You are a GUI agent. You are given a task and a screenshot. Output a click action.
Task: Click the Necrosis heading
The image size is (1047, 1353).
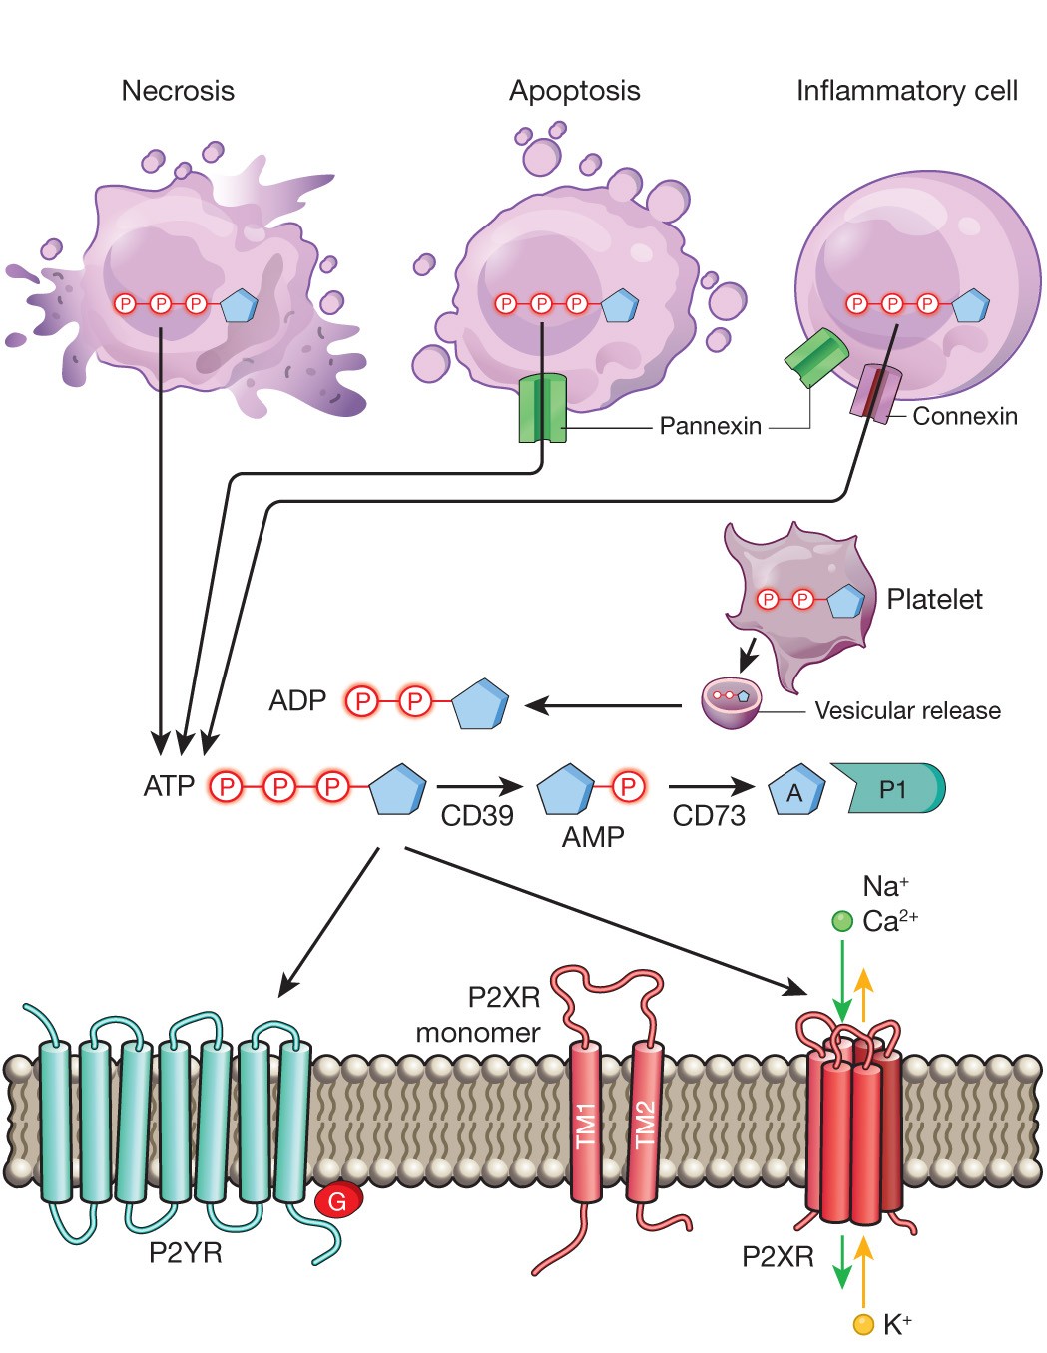click(x=178, y=91)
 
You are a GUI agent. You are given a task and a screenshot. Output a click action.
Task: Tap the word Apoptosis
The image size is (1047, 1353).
click(x=574, y=91)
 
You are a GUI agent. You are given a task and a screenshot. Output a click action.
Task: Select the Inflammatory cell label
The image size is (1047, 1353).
click(x=906, y=91)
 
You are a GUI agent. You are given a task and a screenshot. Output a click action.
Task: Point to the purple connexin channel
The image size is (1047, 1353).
click(x=875, y=392)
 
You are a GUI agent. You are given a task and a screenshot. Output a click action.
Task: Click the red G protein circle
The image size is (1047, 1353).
click(x=338, y=1200)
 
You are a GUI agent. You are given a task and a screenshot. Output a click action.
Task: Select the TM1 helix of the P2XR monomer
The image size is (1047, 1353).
click(x=586, y=1123)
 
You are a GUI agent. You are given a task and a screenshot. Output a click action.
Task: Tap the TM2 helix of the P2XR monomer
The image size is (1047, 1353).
click(x=645, y=1123)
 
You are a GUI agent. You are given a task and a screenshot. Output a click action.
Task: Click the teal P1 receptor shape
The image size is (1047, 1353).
click(x=894, y=789)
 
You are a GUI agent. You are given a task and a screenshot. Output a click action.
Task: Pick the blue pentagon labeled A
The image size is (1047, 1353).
click(x=795, y=792)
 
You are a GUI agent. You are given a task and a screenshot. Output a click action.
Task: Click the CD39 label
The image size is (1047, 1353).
click(x=477, y=816)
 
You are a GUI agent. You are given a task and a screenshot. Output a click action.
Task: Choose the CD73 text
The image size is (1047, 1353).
click(x=709, y=816)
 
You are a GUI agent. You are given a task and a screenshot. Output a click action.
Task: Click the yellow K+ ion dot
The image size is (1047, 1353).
click(x=863, y=1324)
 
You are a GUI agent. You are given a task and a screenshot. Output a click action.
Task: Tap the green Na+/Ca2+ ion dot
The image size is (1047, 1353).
click(x=842, y=920)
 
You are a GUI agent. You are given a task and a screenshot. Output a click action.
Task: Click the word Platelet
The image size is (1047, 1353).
click(x=934, y=599)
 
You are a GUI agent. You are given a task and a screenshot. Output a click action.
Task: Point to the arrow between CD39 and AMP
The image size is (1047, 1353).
click(x=479, y=786)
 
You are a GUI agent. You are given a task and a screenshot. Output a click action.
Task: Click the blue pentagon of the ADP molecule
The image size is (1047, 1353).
click(x=480, y=704)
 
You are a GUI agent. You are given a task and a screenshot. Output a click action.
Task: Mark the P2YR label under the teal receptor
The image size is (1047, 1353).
click(x=185, y=1252)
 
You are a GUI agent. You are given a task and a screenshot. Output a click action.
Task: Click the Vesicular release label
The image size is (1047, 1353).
click(x=907, y=711)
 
